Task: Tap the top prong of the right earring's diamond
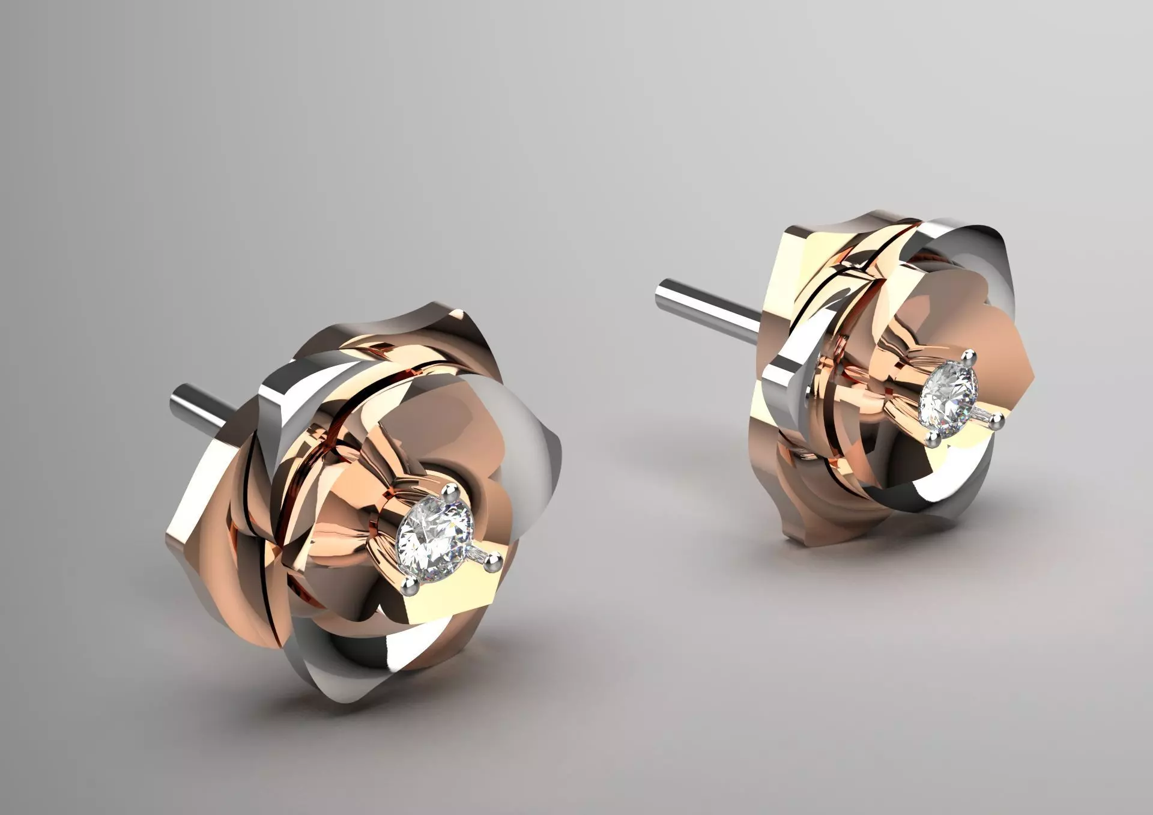967,359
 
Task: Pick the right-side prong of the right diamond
997,421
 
